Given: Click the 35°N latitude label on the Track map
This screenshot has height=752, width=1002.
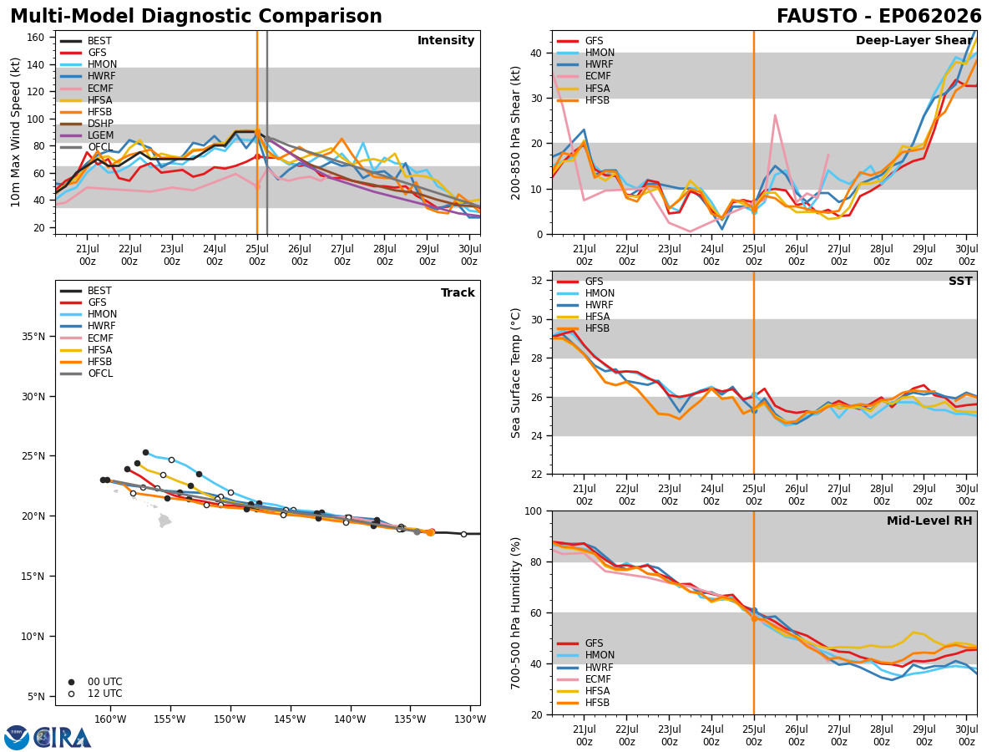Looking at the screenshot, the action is point(33,337).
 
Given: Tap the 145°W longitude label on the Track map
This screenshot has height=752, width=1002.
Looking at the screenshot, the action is point(291,720).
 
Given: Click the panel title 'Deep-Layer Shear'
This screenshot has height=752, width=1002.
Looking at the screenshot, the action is point(913,41).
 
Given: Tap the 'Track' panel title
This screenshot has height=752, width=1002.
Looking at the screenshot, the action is point(458,292).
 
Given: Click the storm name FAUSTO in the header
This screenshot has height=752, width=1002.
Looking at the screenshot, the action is point(817,17).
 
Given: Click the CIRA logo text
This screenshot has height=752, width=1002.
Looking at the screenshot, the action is point(63,739).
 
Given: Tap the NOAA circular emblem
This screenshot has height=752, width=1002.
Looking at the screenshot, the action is point(17,738).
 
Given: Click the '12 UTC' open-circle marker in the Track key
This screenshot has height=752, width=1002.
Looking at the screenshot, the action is point(71,694).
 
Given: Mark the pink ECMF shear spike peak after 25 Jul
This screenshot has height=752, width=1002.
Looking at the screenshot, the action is point(775,115).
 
